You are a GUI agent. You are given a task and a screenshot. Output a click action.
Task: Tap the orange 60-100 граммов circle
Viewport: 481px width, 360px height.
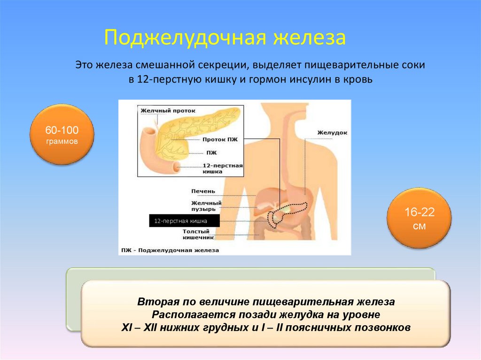62,135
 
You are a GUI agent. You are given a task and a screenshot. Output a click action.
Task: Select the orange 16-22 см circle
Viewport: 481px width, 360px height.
419,219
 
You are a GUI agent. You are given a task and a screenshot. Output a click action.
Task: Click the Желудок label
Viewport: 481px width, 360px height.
332,133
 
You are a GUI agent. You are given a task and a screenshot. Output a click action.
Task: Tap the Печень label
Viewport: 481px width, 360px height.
203,191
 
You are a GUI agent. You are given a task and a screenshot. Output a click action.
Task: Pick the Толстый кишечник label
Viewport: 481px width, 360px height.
202,235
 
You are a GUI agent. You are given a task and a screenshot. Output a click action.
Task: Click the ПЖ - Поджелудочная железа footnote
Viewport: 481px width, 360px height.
170,251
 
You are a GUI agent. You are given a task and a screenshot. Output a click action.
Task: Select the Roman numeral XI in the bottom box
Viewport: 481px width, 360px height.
126,328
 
